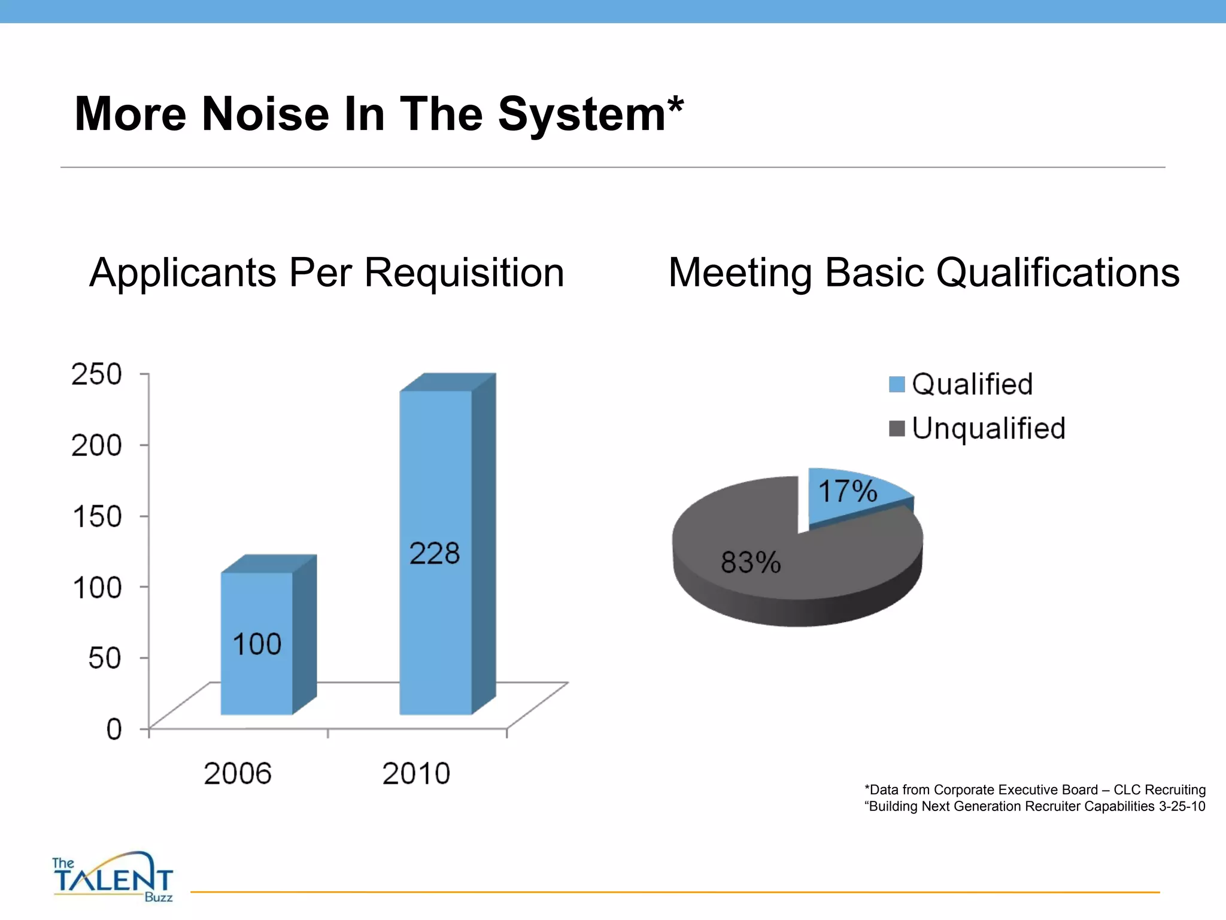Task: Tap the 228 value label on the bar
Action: coord(435,553)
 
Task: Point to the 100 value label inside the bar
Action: coord(257,644)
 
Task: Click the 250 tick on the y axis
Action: coord(96,374)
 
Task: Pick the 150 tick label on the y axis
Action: coord(96,516)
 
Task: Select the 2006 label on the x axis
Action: coord(238,773)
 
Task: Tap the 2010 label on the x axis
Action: coord(416,773)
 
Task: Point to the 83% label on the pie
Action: coord(751,562)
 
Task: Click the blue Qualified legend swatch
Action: coord(897,384)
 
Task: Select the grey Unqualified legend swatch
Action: coord(897,429)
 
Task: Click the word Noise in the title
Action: coord(265,114)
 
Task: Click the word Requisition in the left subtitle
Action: coord(464,273)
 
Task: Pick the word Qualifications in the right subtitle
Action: coord(1057,273)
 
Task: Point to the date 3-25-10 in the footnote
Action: coord(1182,806)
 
